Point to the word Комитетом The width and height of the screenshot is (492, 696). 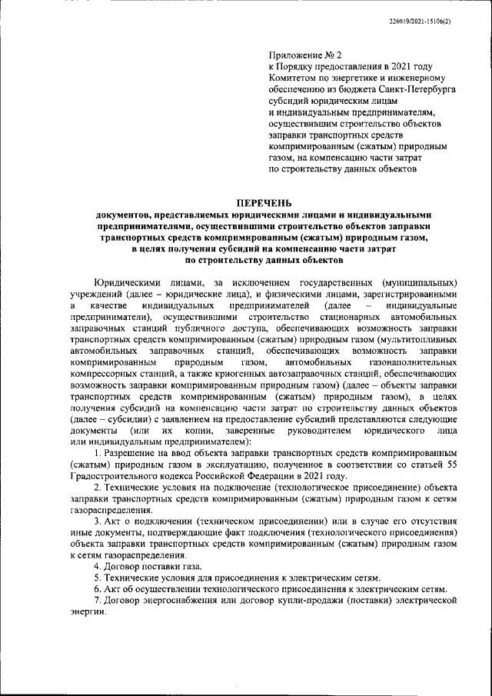coord(292,78)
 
